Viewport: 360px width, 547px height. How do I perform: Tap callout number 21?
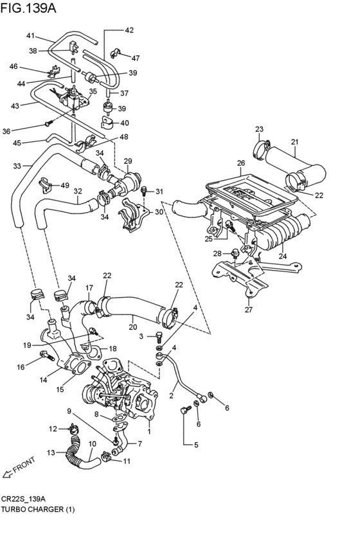tap(294, 142)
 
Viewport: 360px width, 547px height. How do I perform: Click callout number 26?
tap(241, 163)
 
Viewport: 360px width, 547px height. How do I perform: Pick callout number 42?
tap(129, 30)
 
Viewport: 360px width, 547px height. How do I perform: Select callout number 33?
tap(17, 166)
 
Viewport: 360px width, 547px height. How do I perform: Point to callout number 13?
tap(51, 452)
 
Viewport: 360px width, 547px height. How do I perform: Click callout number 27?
tap(249, 309)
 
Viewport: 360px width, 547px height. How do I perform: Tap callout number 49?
tap(65, 185)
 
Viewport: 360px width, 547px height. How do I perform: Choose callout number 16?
tap(20, 367)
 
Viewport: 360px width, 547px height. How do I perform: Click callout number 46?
tap(14, 66)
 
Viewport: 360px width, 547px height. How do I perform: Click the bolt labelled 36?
tap(48, 123)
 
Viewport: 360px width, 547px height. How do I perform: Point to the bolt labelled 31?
tap(145, 190)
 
